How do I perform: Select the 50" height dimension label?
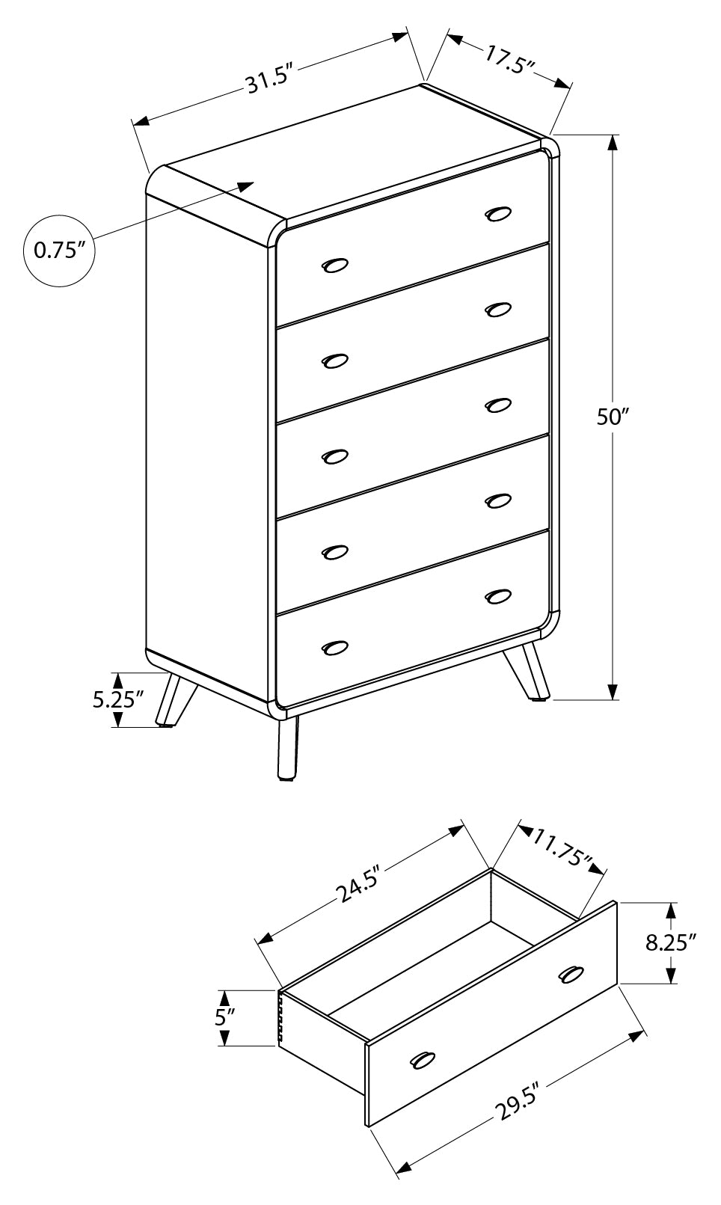coord(611,417)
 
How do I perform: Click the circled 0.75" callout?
coord(60,250)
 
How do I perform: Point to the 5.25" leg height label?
coord(117,700)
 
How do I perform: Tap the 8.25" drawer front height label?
coord(671,942)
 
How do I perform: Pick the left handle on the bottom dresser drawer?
coord(335,646)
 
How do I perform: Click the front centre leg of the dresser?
coord(287,749)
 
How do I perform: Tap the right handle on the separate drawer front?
coord(571,973)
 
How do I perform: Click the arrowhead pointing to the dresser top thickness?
coord(246,185)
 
